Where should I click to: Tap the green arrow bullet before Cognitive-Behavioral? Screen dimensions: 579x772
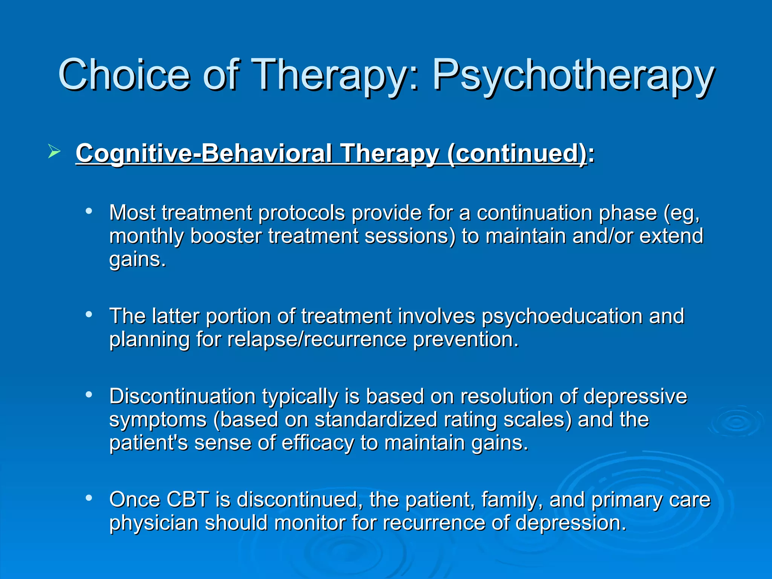[x=54, y=152]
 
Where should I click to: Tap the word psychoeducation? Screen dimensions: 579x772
[x=562, y=316]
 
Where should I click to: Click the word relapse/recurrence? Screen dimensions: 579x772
[x=317, y=339]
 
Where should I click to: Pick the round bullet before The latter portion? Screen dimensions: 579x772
[x=89, y=314]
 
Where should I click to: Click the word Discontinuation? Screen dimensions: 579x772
[x=182, y=397]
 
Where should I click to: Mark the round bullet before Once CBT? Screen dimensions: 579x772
[x=89, y=498]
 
